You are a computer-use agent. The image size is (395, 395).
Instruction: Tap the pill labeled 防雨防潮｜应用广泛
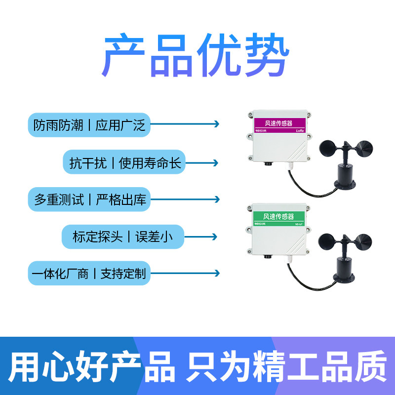pos(89,125)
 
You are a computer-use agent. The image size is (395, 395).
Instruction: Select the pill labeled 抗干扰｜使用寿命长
pos(123,162)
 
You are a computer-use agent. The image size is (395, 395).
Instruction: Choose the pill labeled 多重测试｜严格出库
pos(89,199)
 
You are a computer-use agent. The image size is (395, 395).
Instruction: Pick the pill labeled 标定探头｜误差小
pos(122,237)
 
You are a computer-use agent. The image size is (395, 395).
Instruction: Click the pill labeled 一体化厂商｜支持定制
pos(89,273)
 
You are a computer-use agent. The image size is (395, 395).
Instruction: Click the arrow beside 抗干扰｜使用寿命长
pos(201,162)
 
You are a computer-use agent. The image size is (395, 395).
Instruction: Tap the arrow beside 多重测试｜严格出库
pos(185,199)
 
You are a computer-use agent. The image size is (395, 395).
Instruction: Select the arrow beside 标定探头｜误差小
pos(201,237)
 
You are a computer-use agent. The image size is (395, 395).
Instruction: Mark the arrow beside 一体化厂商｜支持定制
pos(185,273)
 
